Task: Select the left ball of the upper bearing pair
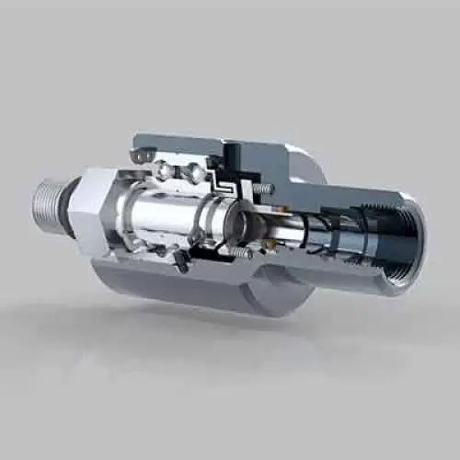pyautogui.click(x=163, y=167)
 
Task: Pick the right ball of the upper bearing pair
pyautogui.click(x=193, y=173)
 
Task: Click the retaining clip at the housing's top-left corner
pyautogui.click(x=137, y=157)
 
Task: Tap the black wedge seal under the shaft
pyautogui.click(x=184, y=262)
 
